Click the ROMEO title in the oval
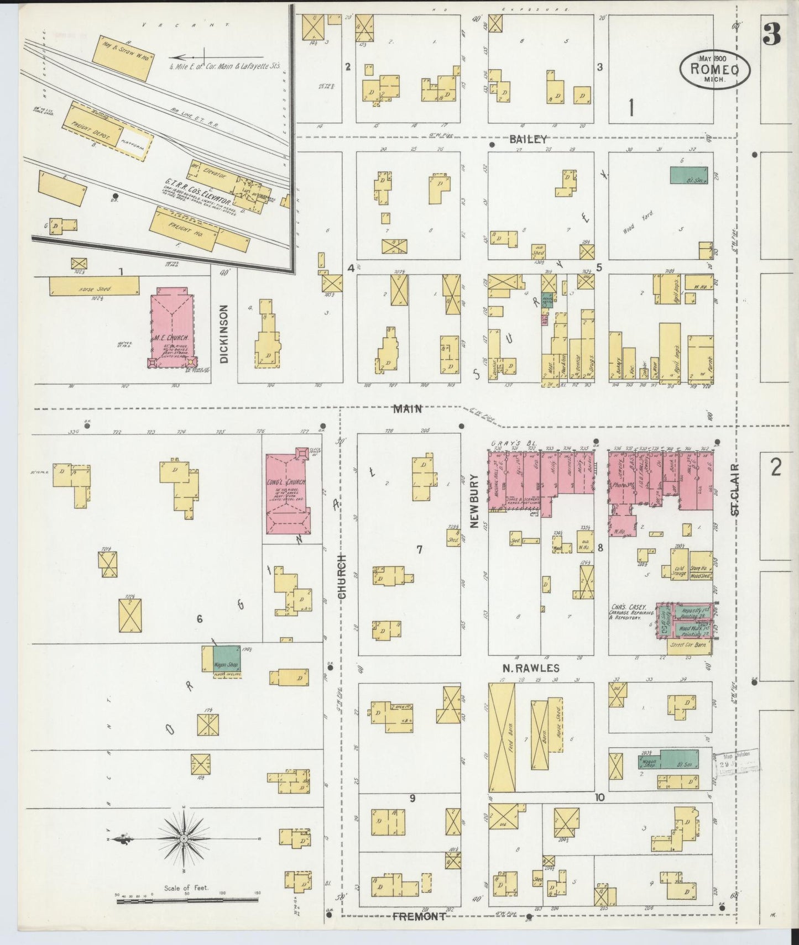coord(715,69)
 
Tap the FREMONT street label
coord(419,916)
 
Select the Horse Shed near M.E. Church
coord(94,287)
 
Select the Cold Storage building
coord(679,570)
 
